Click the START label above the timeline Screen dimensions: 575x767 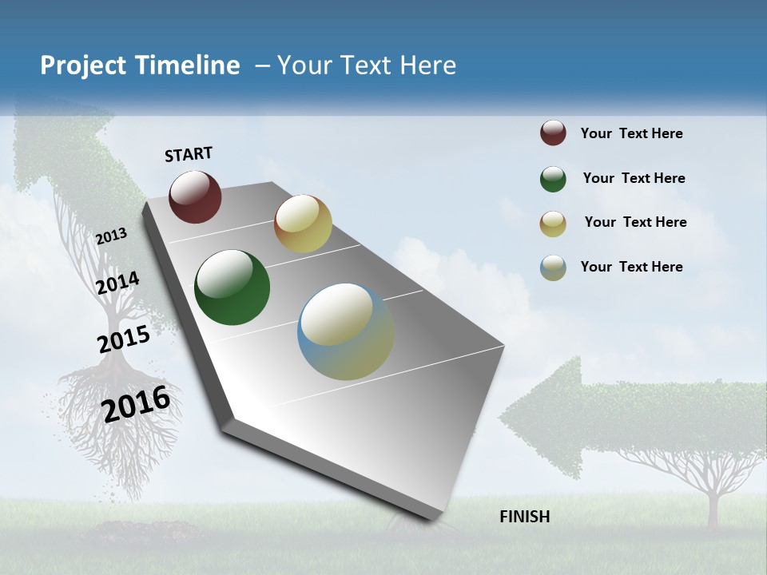click(x=189, y=154)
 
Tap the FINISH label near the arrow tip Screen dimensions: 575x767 click(x=524, y=517)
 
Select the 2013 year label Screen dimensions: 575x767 click(x=111, y=236)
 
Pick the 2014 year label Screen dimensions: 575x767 click(x=117, y=283)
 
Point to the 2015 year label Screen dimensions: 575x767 click(x=124, y=339)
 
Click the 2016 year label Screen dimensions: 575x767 click(x=137, y=403)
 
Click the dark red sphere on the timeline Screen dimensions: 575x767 click(x=195, y=196)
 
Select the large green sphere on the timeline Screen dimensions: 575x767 click(x=232, y=287)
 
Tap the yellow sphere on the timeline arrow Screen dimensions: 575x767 click(x=303, y=224)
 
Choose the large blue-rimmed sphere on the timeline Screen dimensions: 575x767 click(x=345, y=331)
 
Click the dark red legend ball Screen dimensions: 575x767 click(x=553, y=133)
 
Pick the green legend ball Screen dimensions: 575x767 click(x=553, y=179)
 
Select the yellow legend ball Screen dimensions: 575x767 click(x=553, y=224)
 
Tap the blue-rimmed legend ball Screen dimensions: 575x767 click(x=553, y=268)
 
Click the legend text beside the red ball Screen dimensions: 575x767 click(x=631, y=133)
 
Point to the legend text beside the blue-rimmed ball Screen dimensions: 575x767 click(x=631, y=267)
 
